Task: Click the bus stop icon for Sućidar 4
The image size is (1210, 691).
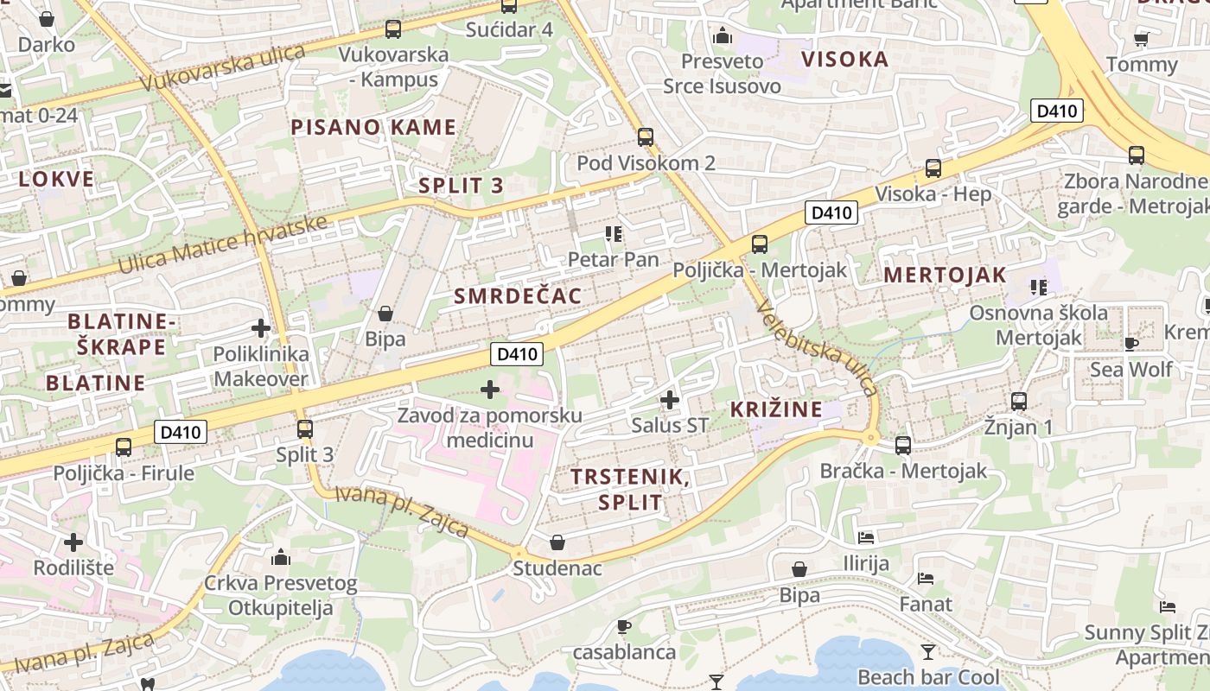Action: tap(509, 5)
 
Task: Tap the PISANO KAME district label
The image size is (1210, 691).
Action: tap(373, 128)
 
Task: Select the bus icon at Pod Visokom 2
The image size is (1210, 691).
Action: tap(645, 136)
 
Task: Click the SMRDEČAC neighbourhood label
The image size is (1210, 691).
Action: tap(518, 296)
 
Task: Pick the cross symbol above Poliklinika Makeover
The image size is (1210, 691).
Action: tap(260, 328)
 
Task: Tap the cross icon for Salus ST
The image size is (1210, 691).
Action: tap(669, 400)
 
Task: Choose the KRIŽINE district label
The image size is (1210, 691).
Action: tap(776, 409)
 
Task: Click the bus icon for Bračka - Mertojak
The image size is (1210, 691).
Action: tap(902, 446)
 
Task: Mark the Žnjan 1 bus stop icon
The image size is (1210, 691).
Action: tap(1019, 401)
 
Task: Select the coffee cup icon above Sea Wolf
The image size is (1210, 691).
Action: tap(1130, 344)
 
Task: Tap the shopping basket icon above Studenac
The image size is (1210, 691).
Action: tap(557, 542)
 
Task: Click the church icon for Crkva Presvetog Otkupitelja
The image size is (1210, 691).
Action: tap(280, 557)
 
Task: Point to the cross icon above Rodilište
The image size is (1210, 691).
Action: tap(73, 542)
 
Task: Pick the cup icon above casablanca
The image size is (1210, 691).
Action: tap(624, 626)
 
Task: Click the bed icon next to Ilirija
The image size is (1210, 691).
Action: tap(866, 537)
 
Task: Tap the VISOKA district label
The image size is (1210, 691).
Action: tap(844, 60)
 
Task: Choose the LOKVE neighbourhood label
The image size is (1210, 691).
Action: tap(56, 180)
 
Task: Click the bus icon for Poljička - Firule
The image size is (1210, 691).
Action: tap(124, 447)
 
